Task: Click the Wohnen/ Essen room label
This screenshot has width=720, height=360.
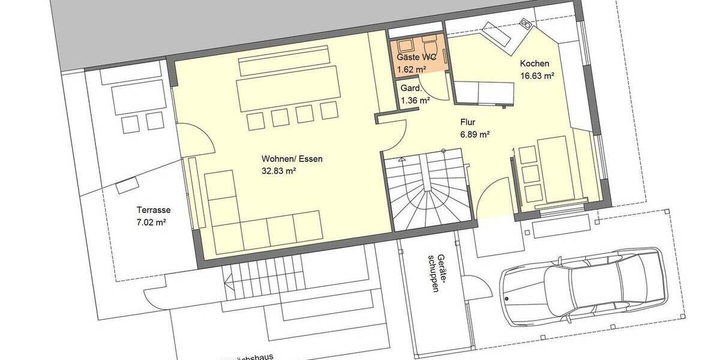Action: tap(292, 159)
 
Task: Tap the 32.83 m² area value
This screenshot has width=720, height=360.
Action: tap(279, 171)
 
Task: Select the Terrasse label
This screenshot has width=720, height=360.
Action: tap(154, 210)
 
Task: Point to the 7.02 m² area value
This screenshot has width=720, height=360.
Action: tap(151, 222)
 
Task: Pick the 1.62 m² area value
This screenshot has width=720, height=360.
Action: tap(412, 70)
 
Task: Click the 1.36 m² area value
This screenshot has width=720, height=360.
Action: tap(415, 100)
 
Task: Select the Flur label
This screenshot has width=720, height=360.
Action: tap(468, 121)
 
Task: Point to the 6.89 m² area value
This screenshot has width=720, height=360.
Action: tap(475, 133)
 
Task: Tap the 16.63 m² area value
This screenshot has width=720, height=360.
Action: tap(536, 76)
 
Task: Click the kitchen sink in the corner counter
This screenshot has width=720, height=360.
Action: tap(526, 25)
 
